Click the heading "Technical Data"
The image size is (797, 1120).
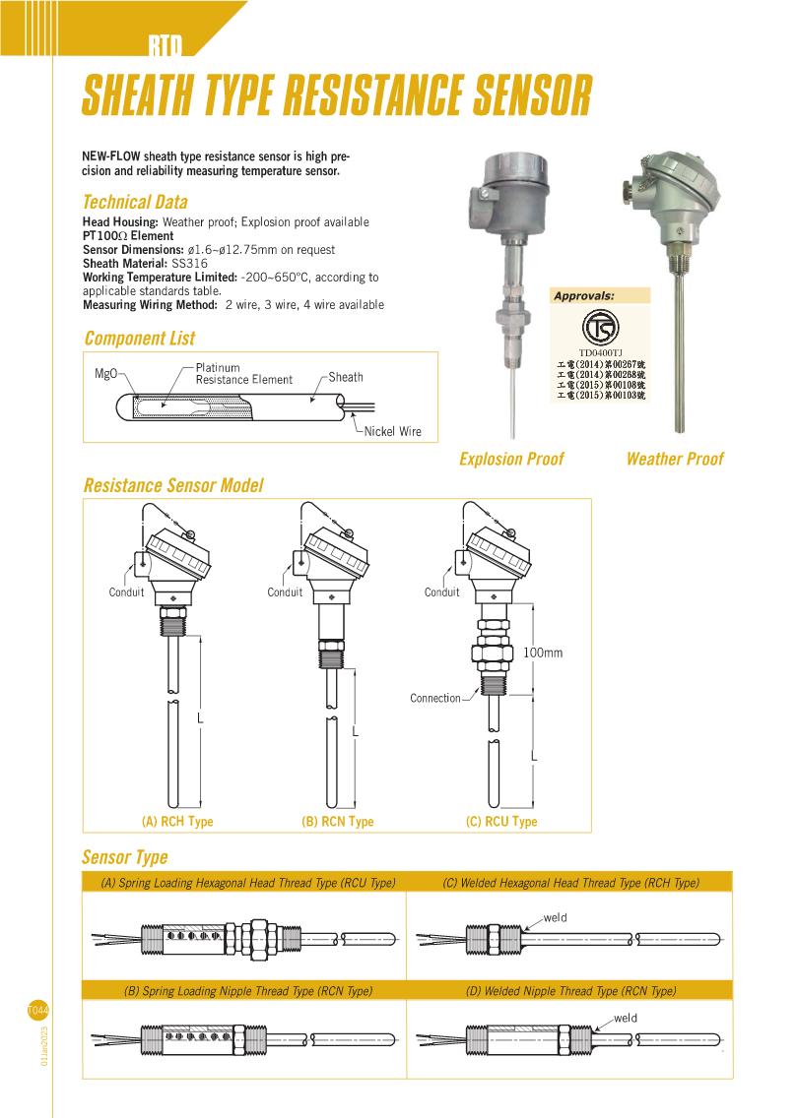135,203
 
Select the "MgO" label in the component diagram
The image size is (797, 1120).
106,374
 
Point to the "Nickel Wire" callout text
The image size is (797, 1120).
392,432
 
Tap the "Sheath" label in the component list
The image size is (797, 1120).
345,377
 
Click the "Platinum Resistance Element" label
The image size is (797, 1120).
243,374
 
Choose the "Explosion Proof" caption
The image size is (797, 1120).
511,459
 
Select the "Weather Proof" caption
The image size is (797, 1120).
675,459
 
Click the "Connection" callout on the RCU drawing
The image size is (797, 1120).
435,699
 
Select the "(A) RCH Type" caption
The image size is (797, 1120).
177,822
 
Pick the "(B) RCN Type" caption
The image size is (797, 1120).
337,822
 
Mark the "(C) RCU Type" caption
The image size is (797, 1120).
501,822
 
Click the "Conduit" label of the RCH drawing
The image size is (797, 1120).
126,592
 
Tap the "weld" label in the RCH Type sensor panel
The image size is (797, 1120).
555,918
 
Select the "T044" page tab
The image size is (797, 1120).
38,1010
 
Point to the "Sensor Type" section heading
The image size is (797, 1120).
125,857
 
